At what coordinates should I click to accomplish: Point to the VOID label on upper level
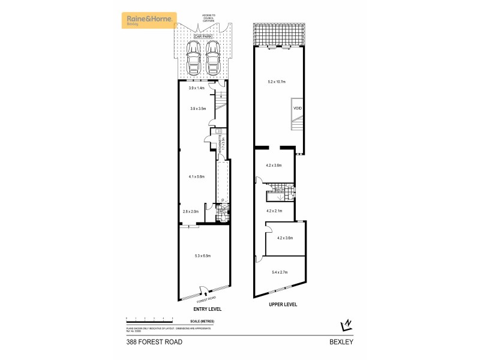[x=297, y=108]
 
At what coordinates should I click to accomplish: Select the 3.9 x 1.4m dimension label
[x=197, y=88]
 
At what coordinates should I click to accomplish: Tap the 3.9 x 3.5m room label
[x=197, y=109]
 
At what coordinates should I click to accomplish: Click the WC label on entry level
[x=221, y=211]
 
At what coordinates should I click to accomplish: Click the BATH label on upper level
[x=278, y=190]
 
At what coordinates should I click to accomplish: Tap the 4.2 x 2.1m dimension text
[x=275, y=211]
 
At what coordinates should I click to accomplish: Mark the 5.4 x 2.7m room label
[x=280, y=272]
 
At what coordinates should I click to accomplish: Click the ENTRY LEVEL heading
[x=207, y=309]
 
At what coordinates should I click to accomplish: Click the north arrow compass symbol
[x=346, y=325]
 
